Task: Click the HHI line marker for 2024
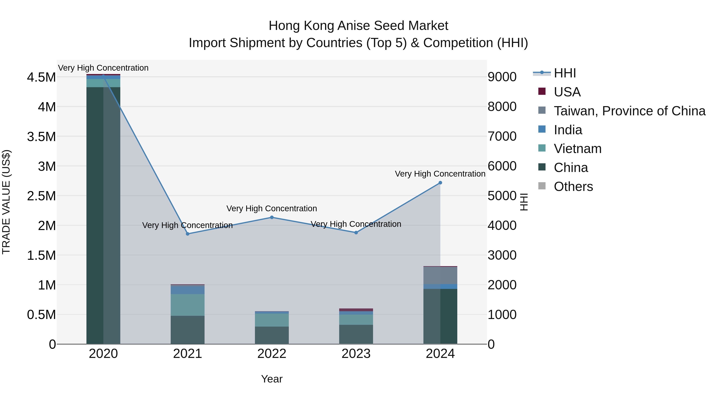440,183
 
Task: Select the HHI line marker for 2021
188,234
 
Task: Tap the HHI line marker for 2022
272,217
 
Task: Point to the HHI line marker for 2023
356,233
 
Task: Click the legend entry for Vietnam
578,149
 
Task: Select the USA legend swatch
542,91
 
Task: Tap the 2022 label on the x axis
272,354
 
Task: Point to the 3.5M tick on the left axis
41,137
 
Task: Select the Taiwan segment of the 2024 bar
440,275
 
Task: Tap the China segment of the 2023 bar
356,334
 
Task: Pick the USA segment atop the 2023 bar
356,310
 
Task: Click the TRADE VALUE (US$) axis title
6,202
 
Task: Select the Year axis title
272,379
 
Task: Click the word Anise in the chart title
354,26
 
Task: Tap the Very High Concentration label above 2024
440,174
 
